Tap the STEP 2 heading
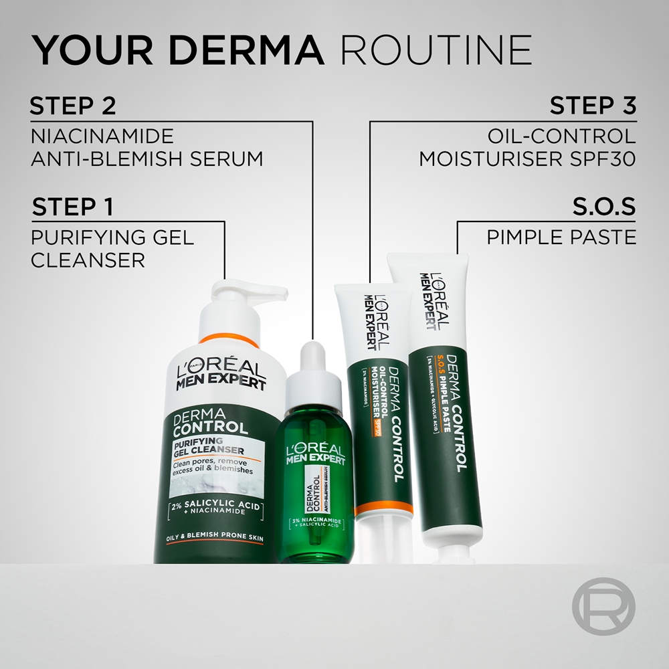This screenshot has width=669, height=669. (x=74, y=106)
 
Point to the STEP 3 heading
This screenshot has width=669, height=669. (x=593, y=106)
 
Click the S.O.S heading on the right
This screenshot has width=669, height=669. (x=604, y=207)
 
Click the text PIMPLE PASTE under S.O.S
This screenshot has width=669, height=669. (x=561, y=237)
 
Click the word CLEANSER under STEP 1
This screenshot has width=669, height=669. (x=88, y=260)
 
